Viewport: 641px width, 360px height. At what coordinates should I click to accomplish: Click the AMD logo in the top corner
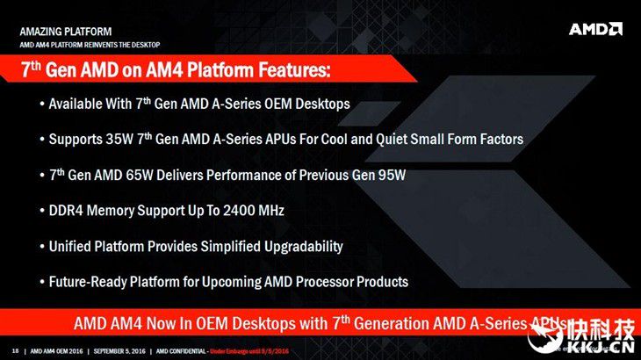point(595,29)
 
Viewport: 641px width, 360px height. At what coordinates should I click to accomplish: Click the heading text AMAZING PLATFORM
point(65,32)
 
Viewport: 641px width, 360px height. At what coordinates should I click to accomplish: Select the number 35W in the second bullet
point(119,140)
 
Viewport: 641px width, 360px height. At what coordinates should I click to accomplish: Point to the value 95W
point(392,176)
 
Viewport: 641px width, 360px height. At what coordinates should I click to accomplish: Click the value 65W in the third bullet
point(140,176)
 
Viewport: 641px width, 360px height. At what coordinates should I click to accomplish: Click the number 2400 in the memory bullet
point(237,211)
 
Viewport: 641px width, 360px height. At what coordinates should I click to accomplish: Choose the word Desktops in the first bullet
point(322,104)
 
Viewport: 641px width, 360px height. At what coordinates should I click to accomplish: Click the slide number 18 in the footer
point(16,351)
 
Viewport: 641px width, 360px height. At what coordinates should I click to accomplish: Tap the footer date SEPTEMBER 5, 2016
point(119,351)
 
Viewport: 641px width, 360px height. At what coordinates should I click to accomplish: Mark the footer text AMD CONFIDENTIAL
point(181,351)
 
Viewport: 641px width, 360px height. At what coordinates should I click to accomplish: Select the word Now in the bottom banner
point(161,324)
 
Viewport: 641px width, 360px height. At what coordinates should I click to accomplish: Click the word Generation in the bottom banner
point(392,324)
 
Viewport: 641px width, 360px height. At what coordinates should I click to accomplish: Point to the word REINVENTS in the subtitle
point(101,45)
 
